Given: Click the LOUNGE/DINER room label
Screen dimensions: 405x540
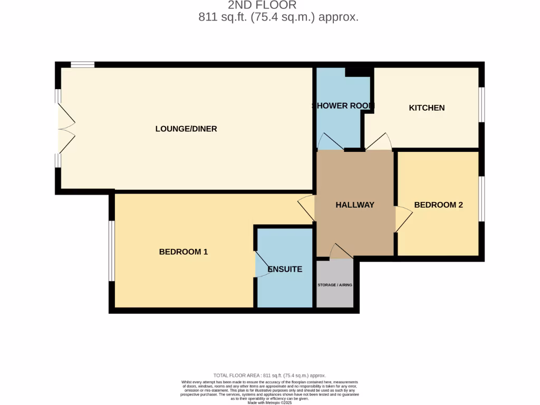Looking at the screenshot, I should pos(186,129).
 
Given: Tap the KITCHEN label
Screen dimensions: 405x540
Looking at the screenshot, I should pos(427,108).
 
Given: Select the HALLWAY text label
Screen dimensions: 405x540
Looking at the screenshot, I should pos(355,205).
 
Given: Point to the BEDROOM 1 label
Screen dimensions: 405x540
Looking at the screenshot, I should pos(184,252).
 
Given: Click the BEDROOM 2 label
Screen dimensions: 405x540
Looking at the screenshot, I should pos(438,205).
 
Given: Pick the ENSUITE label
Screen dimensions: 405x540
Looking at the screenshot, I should pos(285,269).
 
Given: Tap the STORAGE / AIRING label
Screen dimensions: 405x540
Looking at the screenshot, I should pos(335,285).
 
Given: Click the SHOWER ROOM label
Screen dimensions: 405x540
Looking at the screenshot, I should pos(343,105).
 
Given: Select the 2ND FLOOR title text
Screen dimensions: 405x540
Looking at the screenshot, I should pos(262,5).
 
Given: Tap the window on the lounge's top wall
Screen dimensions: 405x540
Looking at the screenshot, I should pos(83,65).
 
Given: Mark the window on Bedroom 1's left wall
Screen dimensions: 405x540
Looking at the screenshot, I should pos(111,250).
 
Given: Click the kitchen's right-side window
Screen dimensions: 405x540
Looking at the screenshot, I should pos(481,104).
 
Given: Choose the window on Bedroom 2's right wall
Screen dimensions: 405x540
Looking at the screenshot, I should pos(481,199).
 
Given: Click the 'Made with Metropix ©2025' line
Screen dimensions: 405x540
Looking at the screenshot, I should pos(269,403).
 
